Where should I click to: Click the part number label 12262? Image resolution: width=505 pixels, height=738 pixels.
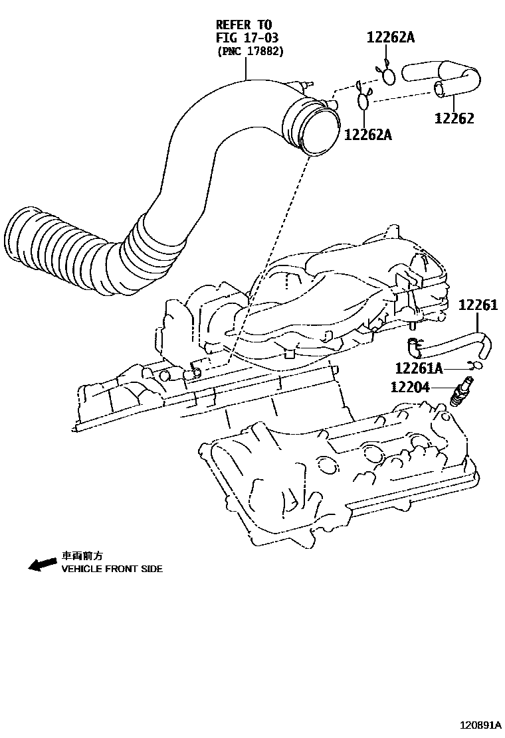coord(454,118)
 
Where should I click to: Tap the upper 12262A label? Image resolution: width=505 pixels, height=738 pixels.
coord(391,38)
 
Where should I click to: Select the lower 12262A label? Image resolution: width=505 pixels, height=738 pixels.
coord(368,135)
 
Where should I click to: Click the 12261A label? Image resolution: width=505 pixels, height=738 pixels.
coord(419,368)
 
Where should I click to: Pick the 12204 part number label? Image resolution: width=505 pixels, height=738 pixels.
coord(411,388)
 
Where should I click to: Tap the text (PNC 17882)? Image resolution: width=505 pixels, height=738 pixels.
coord(251,51)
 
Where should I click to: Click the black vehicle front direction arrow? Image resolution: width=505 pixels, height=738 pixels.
coord(43,563)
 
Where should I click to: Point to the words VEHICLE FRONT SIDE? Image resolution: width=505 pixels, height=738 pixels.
coord(112,569)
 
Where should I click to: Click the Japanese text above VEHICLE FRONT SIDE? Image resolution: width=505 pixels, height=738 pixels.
coord(82,555)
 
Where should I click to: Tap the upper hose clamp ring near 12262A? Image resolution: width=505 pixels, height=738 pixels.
coord(388,76)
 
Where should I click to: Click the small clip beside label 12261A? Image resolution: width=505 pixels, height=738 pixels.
coord(474,364)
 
